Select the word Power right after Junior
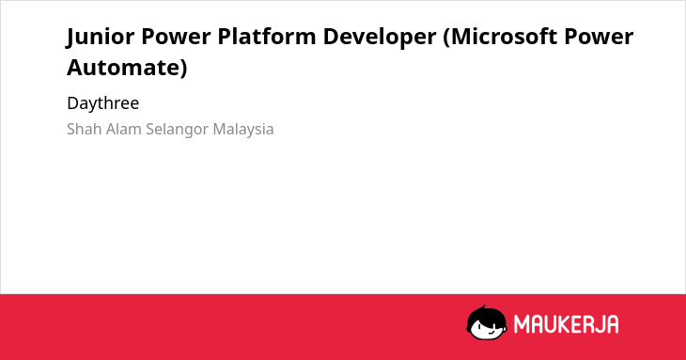[x=176, y=37]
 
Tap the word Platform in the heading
[x=267, y=37]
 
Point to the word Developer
[x=380, y=38]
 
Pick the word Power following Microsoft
[x=599, y=37]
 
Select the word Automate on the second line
[x=123, y=68]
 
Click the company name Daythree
[x=102, y=103]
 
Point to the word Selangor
[x=177, y=130]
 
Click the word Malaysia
[x=243, y=130]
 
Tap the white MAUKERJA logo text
[x=566, y=324]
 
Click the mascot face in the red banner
[x=487, y=323]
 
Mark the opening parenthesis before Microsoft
[x=446, y=38]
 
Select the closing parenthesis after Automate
[x=183, y=69]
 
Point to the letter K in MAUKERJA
[x=563, y=324]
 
